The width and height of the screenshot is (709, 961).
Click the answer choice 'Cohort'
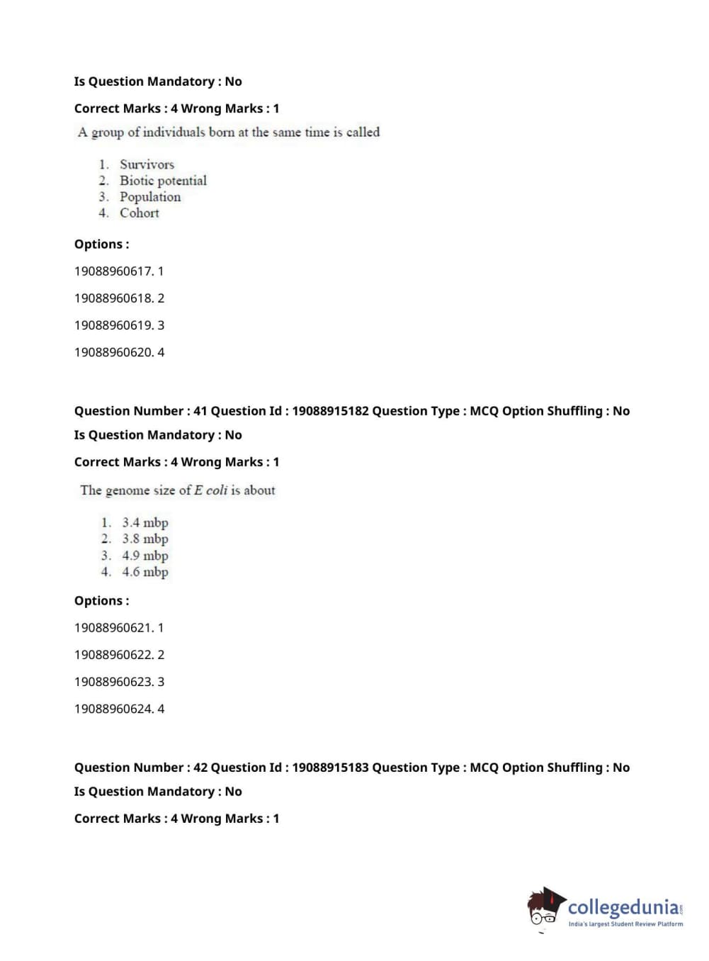(x=139, y=213)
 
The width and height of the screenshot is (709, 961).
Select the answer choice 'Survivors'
(x=147, y=164)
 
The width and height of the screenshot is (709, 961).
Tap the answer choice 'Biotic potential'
(x=163, y=181)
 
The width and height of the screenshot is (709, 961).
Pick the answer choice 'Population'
(x=150, y=197)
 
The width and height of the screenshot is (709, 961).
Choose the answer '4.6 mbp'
(x=145, y=572)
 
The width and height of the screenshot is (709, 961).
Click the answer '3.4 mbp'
(x=145, y=523)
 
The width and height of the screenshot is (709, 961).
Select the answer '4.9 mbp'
(x=145, y=556)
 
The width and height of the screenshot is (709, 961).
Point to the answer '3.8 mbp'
(x=145, y=539)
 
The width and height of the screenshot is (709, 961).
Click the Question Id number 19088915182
(x=330, y=411)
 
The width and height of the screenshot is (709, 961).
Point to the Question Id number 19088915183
(x=330, y=768)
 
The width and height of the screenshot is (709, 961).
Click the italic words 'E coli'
(x=210, y=490)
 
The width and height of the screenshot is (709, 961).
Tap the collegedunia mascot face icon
(x=545, y=908)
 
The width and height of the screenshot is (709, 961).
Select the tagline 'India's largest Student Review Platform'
(x=625, y=924)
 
